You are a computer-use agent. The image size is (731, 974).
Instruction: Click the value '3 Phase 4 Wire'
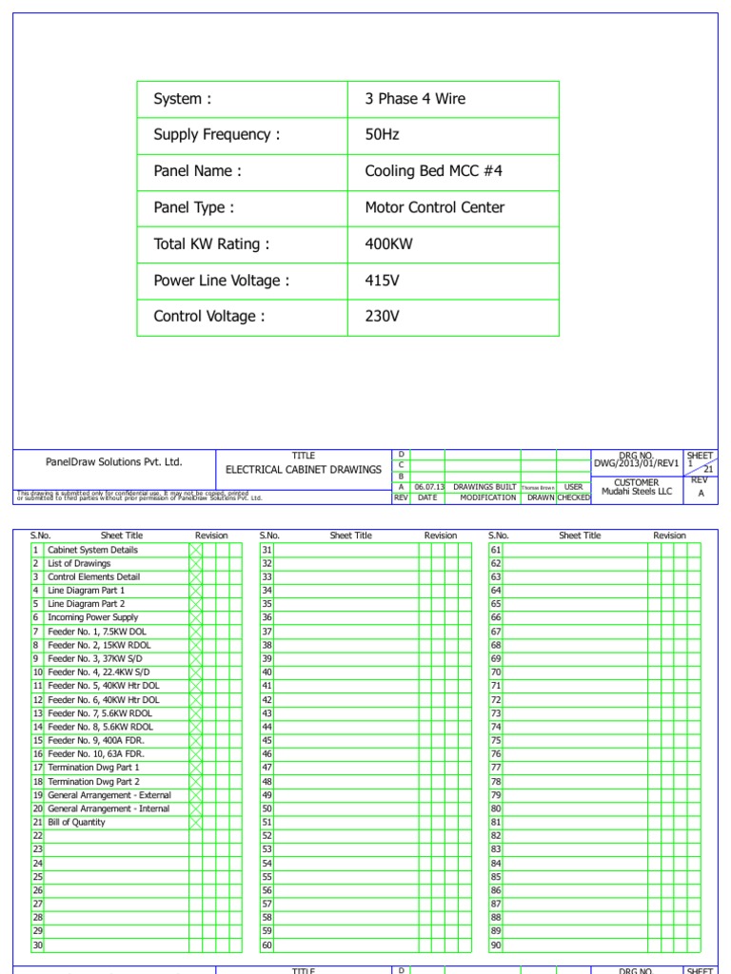point(415,99)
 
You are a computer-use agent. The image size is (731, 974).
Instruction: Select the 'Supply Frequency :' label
point(217,135)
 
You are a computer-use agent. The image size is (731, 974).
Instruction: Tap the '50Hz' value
point(382,135)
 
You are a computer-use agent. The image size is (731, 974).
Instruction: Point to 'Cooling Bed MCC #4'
point(433,171)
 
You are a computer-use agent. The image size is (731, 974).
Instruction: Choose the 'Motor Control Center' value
point(435,207)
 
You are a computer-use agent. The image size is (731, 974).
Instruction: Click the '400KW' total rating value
point(387,244)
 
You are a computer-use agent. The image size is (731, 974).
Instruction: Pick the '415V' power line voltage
point(383,281)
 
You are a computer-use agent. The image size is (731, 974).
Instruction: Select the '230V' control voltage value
point(383,317)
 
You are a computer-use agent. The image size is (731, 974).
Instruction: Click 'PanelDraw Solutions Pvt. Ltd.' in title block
point(113,462)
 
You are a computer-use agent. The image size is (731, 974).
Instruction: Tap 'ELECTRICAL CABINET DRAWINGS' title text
point(303,470)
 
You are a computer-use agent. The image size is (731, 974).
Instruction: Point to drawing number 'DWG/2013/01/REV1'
point(637,463)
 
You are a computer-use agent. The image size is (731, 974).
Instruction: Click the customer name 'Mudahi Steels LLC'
point(637,492)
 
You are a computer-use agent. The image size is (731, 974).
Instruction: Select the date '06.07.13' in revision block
point(429,487)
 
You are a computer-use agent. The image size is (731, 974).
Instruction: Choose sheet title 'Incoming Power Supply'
point(93,617)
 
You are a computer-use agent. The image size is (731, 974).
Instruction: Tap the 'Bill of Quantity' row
point(77,822)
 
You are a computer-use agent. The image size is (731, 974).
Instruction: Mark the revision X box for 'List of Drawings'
point(195,563)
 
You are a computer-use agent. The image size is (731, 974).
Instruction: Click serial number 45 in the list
point(267,740)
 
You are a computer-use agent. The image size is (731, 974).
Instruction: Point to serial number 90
point(496,945)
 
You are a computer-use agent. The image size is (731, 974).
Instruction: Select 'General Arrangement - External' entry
point(109,794)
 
